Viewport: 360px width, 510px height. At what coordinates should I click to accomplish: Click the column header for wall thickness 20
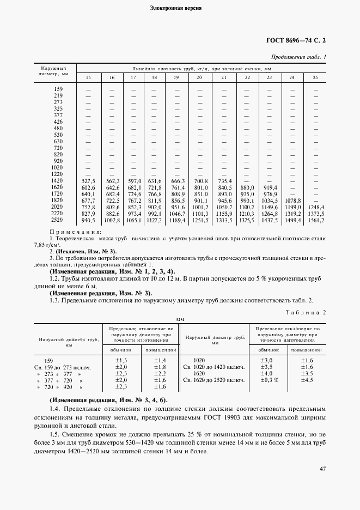(199, 78)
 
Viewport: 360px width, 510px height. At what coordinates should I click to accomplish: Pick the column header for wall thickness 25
(315, 78)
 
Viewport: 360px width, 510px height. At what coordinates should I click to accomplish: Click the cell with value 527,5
(88, 180)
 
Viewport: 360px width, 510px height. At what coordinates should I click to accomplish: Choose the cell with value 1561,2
(315, 221)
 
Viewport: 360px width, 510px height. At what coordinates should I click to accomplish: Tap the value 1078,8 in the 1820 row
(292, 201)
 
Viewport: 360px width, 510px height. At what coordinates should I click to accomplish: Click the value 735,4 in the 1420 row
(223, 180)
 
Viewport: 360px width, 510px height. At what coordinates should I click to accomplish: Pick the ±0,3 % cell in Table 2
(269, 380)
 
